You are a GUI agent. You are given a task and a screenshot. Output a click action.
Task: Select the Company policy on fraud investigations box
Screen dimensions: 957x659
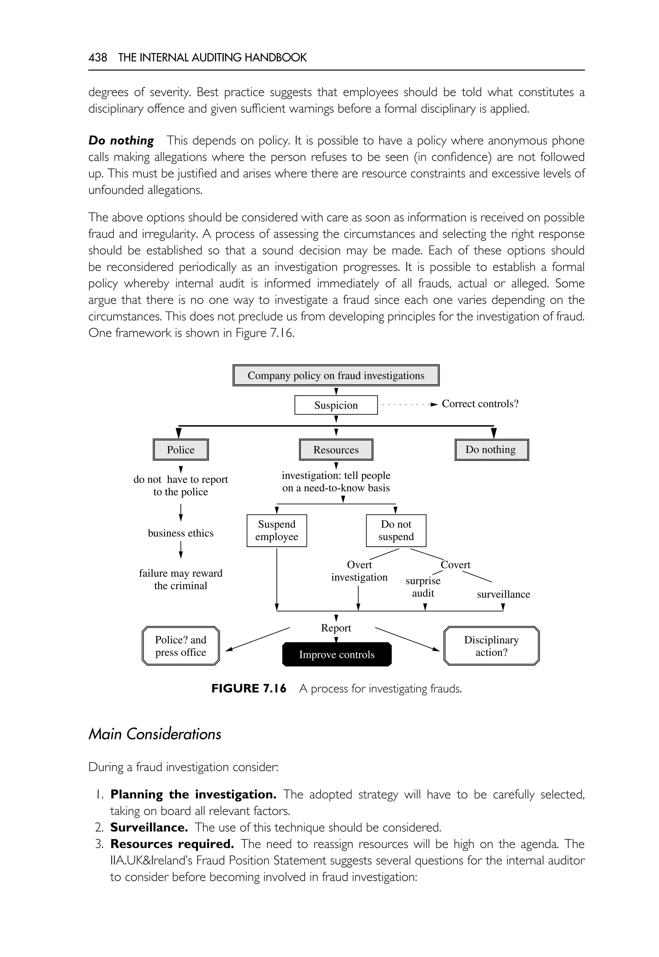click(336, 375)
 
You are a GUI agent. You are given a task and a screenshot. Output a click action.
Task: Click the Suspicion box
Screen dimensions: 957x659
click(336, 405)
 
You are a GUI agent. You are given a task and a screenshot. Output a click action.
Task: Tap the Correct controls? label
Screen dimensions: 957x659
click(480, 404)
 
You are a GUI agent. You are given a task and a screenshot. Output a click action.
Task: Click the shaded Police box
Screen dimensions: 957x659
click(181, 450)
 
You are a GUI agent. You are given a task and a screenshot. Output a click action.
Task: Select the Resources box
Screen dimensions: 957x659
click(336, 450)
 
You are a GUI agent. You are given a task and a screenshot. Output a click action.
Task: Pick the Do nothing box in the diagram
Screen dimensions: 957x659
click(491, 450)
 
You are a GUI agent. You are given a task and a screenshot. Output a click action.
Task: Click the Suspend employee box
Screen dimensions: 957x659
click(277, 530)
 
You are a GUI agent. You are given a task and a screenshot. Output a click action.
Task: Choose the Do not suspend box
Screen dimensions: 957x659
click(396, 530)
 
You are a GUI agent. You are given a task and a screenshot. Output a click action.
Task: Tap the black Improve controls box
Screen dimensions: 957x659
click(337, 654)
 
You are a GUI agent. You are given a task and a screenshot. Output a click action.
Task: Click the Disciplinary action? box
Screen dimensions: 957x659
click(491, 646)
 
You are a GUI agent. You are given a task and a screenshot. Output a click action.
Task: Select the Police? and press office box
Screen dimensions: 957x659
click(181, 646)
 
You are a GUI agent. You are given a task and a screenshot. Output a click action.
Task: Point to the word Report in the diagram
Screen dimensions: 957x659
click(336, 628)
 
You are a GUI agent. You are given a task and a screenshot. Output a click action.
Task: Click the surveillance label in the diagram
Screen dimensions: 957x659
click(503, 594)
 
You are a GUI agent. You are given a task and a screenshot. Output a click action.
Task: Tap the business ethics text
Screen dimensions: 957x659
click(181, 533)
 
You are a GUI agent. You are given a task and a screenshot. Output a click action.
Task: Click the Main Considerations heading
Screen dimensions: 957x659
click(155, 734)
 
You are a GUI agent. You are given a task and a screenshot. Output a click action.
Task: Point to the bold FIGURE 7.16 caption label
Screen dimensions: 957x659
click(248, 689)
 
